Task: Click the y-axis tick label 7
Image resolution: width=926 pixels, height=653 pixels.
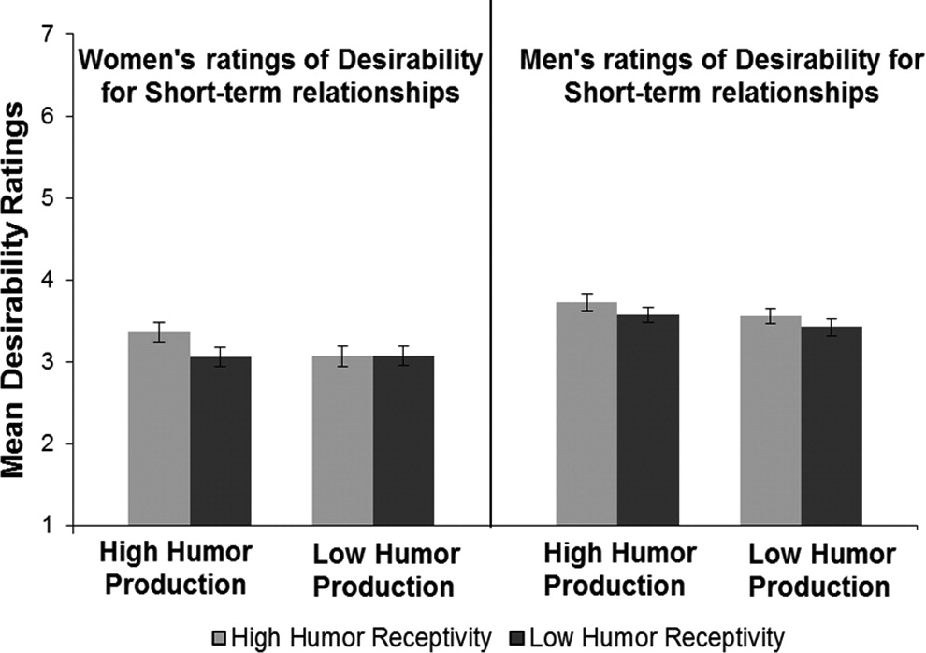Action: [45, 35]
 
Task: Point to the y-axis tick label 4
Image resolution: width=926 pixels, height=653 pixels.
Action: [45, 281]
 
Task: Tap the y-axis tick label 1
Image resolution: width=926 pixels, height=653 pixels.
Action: [45, 527]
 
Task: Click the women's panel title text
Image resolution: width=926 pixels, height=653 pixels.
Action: [280, 78]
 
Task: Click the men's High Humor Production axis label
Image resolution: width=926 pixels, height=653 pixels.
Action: [617, 570]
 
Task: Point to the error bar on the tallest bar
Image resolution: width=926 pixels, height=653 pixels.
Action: [586, 301]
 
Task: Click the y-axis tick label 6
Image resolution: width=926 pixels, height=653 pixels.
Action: [45, 117]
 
